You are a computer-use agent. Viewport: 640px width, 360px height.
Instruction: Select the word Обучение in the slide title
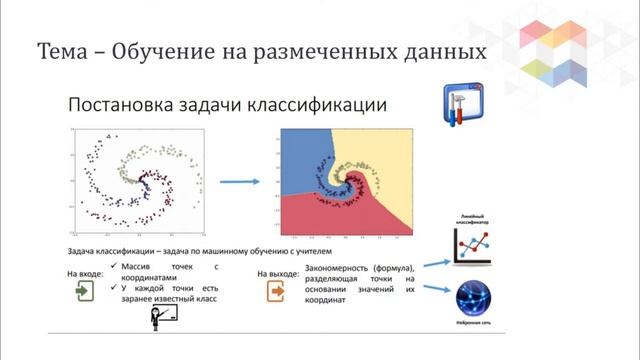coord(164,50)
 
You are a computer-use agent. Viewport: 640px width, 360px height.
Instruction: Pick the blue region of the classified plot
coord(300,160)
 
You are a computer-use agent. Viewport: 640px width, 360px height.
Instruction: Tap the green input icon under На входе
coord(82,292)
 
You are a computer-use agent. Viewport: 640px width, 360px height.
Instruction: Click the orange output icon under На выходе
coord(274,292)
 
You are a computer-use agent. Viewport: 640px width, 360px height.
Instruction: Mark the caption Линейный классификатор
coord(473,219)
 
